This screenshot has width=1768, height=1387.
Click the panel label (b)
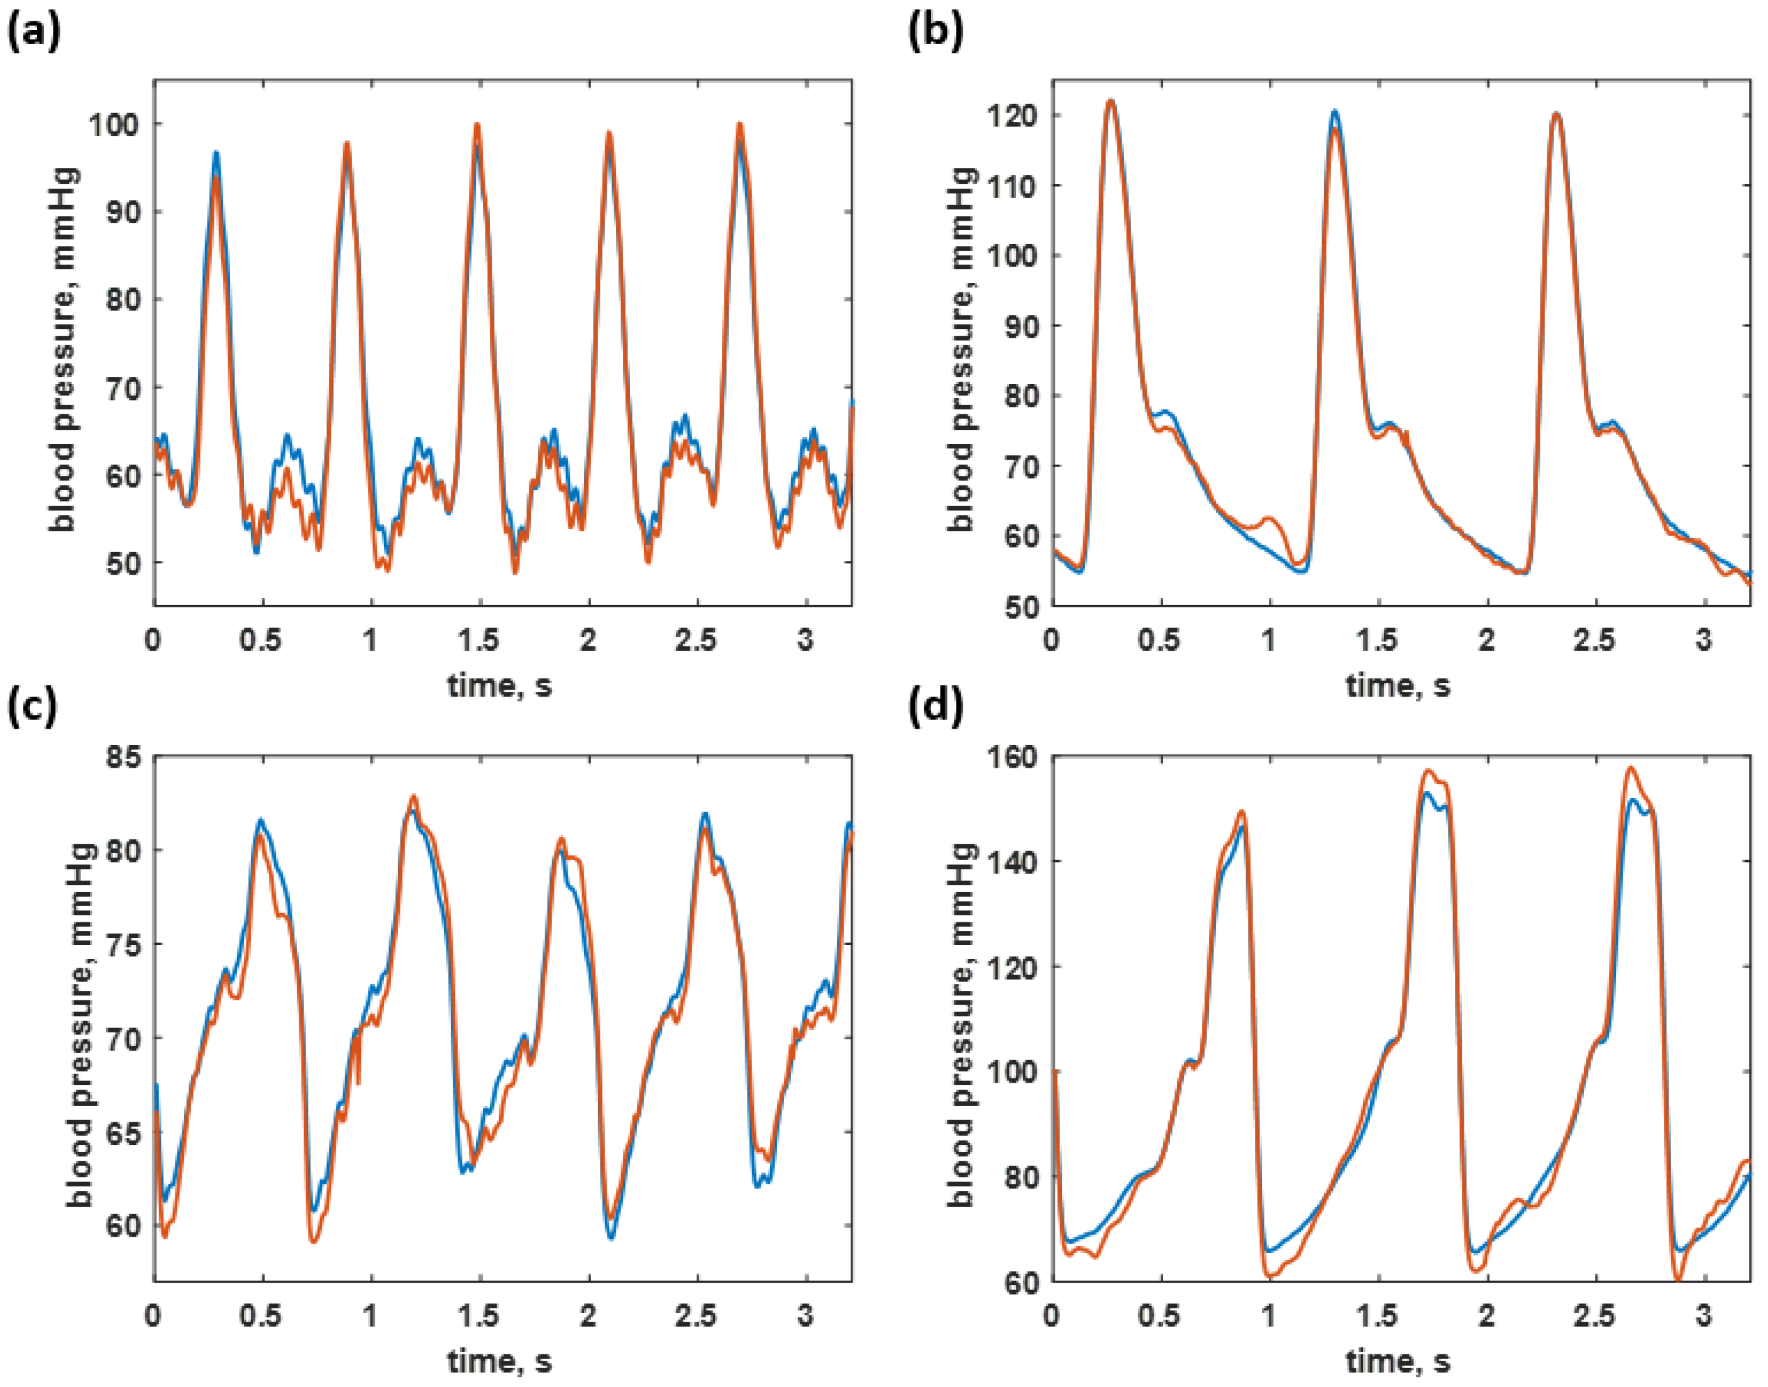936,34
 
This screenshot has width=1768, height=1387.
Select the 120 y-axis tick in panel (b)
1012,115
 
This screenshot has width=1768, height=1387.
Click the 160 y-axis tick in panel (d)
1012,758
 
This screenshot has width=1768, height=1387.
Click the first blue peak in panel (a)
216,153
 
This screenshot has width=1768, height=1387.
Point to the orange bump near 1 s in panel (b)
1269,517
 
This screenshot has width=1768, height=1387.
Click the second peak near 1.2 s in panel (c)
412,797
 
